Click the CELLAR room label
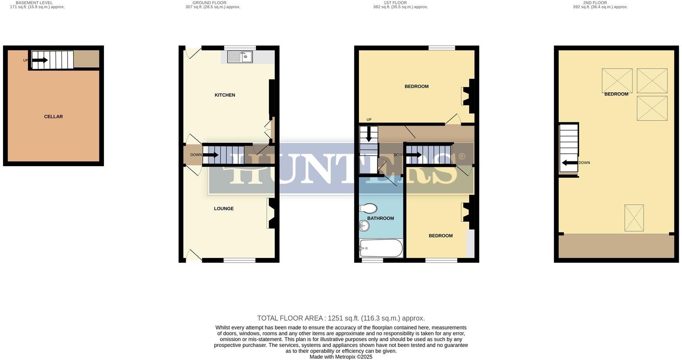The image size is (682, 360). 53,116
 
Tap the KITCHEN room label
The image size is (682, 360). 225,95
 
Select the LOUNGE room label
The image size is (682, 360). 224,209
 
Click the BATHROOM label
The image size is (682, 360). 380,218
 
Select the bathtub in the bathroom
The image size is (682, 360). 381,248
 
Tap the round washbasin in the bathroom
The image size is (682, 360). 364,226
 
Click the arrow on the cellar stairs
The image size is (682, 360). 39,60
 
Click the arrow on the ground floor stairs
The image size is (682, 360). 210,155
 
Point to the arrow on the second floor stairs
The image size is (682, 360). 570,163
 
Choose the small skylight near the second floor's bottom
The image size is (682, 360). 634,218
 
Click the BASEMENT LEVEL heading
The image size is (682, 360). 34,3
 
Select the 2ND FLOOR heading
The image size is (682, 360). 595,3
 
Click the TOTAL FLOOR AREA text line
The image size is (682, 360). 341,318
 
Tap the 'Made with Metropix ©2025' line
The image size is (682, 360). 341,357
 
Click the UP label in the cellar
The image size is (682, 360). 26,60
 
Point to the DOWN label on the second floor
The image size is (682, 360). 584,163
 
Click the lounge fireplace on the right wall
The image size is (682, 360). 271,213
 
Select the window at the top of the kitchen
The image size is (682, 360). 240,48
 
